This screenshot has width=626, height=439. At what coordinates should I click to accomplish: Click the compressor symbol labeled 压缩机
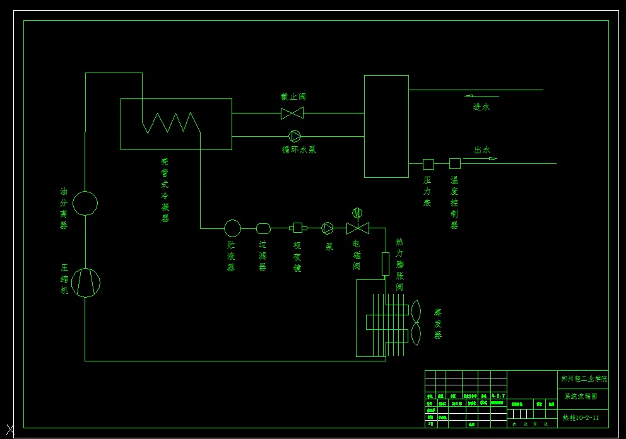85,282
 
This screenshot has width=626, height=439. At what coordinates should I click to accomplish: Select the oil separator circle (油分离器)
85,203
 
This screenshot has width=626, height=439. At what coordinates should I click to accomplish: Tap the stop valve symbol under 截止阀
292,114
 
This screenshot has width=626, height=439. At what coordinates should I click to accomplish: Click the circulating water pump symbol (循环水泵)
295,136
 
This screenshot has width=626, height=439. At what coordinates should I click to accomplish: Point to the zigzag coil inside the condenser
171,122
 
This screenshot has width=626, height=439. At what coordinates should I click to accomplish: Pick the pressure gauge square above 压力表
428,164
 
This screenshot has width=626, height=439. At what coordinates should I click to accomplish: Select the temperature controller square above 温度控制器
454,164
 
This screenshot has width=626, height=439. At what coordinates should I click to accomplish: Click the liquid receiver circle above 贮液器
232,228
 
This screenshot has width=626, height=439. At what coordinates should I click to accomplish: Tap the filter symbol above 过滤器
263,228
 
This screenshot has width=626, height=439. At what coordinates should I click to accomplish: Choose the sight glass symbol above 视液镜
297,228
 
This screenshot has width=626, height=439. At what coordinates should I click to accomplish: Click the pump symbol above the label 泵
328,228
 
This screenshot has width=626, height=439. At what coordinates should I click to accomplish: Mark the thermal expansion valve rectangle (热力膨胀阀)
386,264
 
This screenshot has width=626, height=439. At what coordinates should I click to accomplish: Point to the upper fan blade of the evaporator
415,311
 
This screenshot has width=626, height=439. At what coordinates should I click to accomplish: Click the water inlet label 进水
481,107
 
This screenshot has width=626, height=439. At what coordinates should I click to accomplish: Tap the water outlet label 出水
482,150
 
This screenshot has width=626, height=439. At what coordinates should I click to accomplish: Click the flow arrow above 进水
481,96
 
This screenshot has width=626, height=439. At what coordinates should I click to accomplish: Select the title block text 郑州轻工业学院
584,379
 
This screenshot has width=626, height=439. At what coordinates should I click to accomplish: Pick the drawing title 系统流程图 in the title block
581,397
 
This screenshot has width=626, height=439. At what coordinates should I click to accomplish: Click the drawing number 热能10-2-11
581,418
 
